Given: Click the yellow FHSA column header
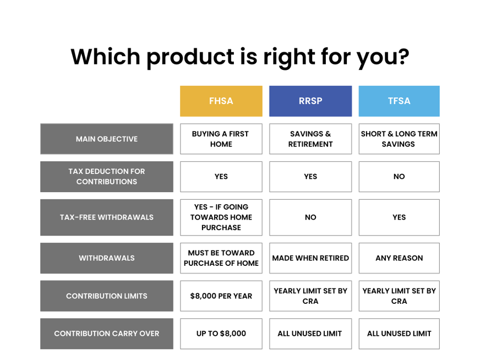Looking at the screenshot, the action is [221, 101].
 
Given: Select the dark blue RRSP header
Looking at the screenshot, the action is [310, 101].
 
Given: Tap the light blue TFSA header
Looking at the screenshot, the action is [399, 101].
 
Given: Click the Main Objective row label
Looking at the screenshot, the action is [107, 139].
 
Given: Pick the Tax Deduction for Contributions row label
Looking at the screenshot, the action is [107, 177].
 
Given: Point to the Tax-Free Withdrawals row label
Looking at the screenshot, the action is [107, 217].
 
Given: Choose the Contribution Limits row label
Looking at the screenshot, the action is [107, 296].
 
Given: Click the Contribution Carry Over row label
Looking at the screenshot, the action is [107, 334].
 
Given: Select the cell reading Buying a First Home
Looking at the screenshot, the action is [221, 139].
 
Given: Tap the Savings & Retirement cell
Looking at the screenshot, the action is [310, 139].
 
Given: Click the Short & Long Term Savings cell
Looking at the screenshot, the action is [399, 139].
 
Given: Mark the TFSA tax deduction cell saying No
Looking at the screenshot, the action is [399, 177].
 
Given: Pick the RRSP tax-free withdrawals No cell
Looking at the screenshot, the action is [310, 217].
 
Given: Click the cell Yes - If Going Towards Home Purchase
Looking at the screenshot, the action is [221, 217].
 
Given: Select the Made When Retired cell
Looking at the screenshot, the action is [310, 258].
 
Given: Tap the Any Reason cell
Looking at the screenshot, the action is [399, 258].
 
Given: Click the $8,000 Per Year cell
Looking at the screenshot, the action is [221, 296].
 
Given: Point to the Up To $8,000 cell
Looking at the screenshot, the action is [221, 334].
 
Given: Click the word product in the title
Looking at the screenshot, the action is [190, 58].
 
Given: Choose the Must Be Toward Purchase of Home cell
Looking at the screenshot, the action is [221, 258].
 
